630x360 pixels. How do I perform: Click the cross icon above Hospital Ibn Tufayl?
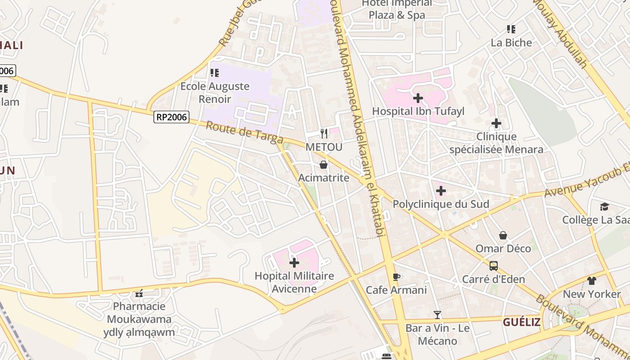[418, 98]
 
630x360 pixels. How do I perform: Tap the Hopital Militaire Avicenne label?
[294, 282]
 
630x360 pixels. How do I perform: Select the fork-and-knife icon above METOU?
[324, 133]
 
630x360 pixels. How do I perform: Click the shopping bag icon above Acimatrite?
[323, 165]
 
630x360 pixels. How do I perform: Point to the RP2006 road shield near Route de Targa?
[171, 117]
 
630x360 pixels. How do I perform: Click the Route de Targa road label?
[244, 133]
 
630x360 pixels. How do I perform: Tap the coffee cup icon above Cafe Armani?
[396, 277]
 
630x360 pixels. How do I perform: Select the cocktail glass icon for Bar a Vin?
[437, 315]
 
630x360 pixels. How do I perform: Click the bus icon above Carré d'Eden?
[494, 266]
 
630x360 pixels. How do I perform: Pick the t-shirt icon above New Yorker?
[591, 281]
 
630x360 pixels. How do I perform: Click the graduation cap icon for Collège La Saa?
[604, 207]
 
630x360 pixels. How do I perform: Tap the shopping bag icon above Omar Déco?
[503, 235]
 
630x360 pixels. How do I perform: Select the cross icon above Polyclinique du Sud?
[441, 191]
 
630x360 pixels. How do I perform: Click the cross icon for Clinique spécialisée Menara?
[496, 123]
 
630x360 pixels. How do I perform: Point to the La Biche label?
[511, 43]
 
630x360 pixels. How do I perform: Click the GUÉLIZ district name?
[522, 322]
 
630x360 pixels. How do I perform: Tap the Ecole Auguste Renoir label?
[215, 92]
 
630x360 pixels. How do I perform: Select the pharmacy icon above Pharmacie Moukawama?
[139, 293]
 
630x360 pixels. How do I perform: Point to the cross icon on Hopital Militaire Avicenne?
[294, 262]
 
